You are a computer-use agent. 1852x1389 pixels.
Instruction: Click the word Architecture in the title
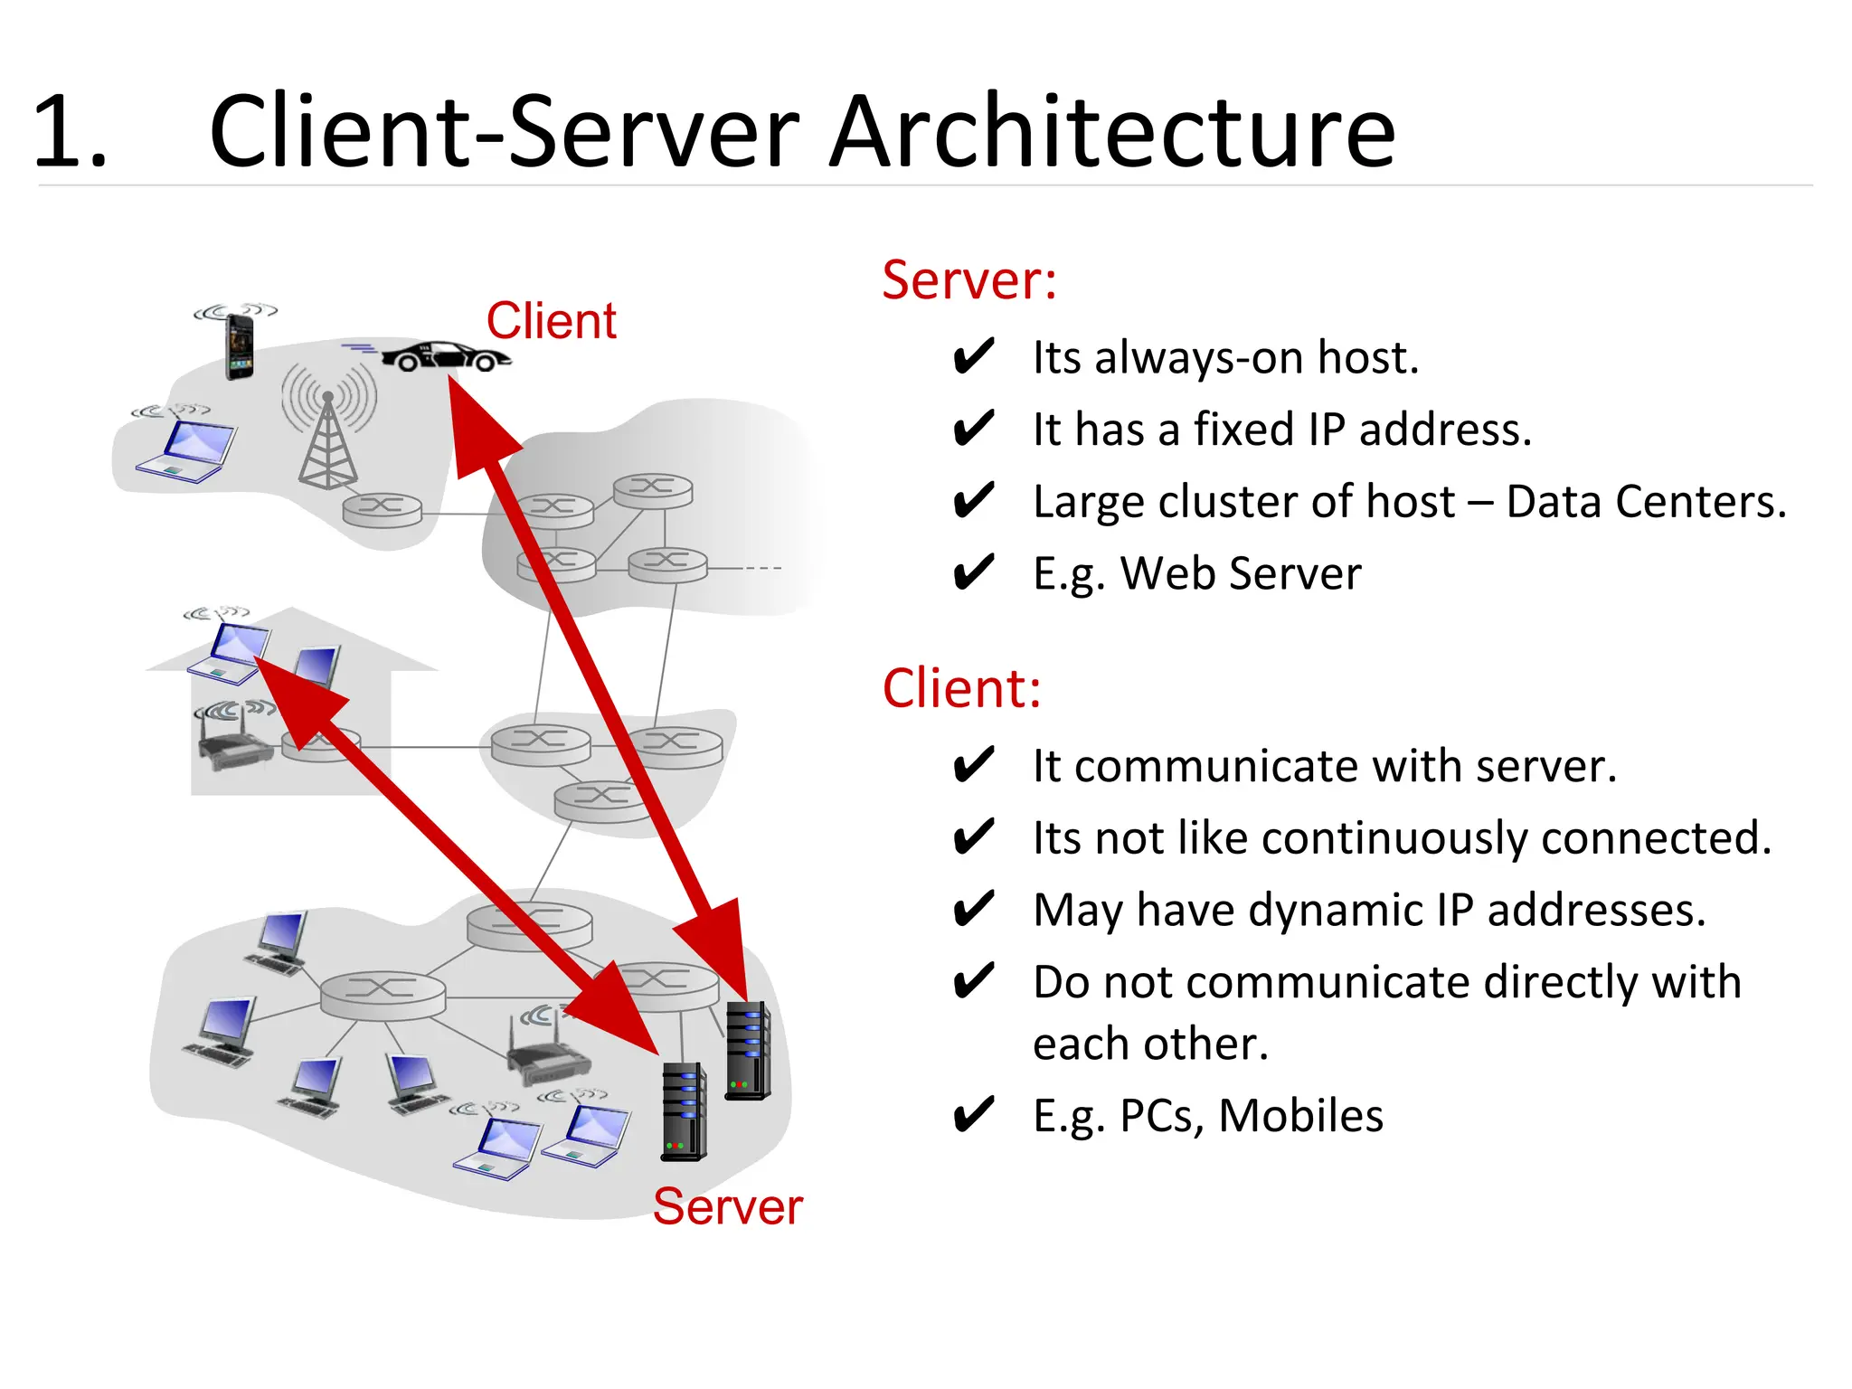[1112, 133]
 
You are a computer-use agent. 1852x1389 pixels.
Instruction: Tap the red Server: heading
[969, 280]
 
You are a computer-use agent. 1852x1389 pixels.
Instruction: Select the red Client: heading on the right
[961, 689]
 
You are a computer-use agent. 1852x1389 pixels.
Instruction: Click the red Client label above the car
[551, 321]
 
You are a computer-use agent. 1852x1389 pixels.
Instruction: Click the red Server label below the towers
[727, 1206]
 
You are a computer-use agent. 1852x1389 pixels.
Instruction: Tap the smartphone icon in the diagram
[239, 347]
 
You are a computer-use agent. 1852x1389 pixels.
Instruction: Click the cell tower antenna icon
[328, 434]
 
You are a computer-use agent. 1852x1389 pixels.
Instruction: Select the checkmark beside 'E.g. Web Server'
[974, 572]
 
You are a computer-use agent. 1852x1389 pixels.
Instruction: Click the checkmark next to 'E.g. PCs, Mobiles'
[974, 1115]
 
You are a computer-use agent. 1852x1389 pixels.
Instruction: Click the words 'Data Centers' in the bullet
[1645, 502]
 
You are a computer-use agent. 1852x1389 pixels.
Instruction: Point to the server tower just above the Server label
[684, 1112]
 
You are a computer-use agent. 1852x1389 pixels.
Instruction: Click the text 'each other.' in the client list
[1150, 1044]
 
